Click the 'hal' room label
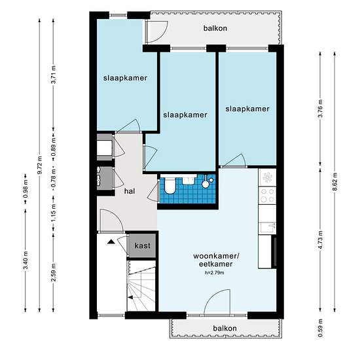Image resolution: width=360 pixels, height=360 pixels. point(130,191)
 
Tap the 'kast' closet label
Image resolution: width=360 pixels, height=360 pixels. point(142,245)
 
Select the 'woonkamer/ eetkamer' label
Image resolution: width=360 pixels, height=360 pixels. point(216,260)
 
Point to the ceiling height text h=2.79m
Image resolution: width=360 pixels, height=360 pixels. point(215,273)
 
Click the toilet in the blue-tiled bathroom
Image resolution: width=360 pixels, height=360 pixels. point(170,185)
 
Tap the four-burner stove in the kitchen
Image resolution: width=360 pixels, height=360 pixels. point(267,196)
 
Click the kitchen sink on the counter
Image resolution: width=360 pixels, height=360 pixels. point(268,227)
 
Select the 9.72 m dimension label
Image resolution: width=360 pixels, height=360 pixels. point(40,165)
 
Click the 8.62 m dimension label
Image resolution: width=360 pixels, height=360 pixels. point(334,181)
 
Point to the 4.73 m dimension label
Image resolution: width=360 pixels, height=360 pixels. point(321,240)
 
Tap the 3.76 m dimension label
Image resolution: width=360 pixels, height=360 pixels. point(321,109)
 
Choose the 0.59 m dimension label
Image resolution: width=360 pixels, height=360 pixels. point(321,328)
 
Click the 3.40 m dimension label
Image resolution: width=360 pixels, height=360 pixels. point(26,261)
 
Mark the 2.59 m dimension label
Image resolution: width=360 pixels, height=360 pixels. point(54,272)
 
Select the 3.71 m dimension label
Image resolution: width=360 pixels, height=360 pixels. point(54,75)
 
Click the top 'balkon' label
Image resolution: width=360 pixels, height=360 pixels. point(215,28)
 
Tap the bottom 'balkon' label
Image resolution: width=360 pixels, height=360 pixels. point(225,329)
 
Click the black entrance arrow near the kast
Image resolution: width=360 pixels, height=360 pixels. point(111,242)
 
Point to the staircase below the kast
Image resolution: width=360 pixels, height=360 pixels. point(141,286)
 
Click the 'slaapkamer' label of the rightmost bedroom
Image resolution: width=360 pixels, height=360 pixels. point(247,109)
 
